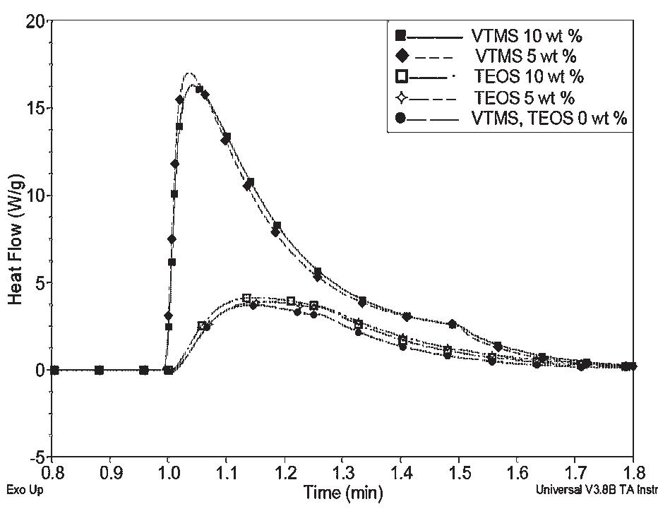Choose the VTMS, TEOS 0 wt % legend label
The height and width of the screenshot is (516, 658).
pos(549,119)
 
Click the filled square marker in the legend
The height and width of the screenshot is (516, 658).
pos(400,35)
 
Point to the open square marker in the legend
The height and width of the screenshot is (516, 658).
pos(400,76)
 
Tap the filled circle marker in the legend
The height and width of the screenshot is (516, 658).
pos(400,119)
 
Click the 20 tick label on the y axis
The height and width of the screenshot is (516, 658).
pos(35,22)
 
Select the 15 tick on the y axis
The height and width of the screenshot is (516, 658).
pos(35,109)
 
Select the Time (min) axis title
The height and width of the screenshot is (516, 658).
pos(343,492)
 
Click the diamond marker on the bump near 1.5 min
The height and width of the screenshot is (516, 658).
pos(453,324)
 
